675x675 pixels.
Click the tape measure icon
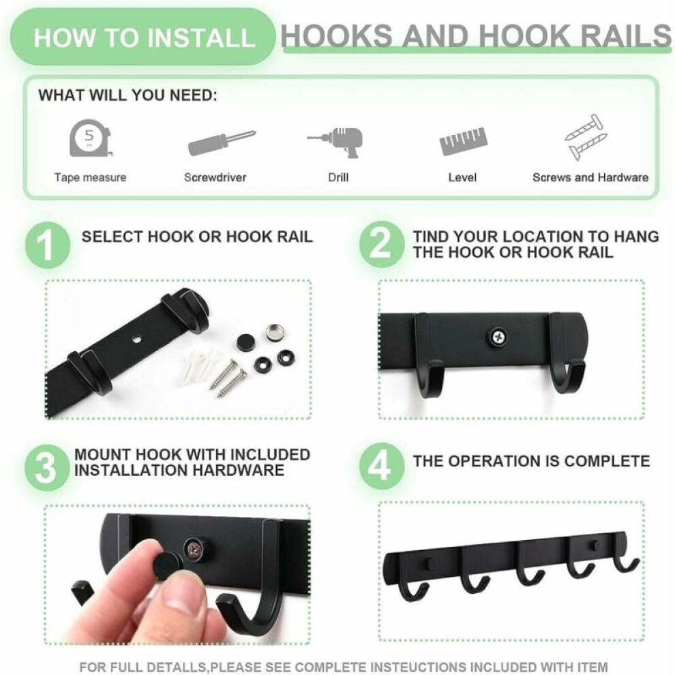tap(91, 138)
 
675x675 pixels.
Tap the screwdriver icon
tap(222, 142)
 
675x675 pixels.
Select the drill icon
tap(337, 142)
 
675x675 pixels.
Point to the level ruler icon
tap(463, 140)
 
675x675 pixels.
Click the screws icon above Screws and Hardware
tap(586, 136)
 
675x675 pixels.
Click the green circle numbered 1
tap(47, 245)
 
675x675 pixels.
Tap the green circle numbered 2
tap(381, 244)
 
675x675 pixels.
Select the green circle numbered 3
tap(46, 468)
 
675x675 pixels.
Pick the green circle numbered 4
tap(381, 466)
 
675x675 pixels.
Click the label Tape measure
tap(91, 177)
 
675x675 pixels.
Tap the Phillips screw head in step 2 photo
tap(498, 337)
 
